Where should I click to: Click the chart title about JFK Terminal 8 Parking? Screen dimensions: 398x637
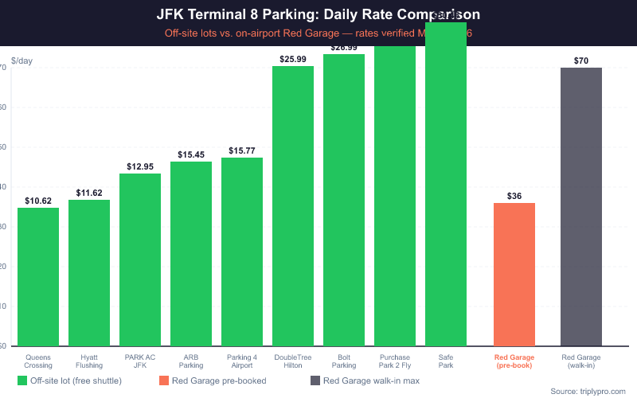coord(318,15)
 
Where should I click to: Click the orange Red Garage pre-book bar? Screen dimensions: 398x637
coord(514,274)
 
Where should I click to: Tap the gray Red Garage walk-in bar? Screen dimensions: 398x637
coord(581,207)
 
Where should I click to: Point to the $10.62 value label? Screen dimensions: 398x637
coord(38,201)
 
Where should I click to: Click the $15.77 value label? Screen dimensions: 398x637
coord(242,150)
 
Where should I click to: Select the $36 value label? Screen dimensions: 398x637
coord(514,196)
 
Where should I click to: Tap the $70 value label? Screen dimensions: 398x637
coord(581,60)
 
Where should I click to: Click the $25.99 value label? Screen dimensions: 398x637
coord(293,59)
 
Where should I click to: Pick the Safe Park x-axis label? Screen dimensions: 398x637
coord(446,361)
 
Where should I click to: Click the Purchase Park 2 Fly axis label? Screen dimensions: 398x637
coord(395,361)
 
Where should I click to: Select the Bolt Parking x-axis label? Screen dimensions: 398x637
coord(344,361)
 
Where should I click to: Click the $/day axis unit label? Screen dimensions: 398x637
coord(21,60)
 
